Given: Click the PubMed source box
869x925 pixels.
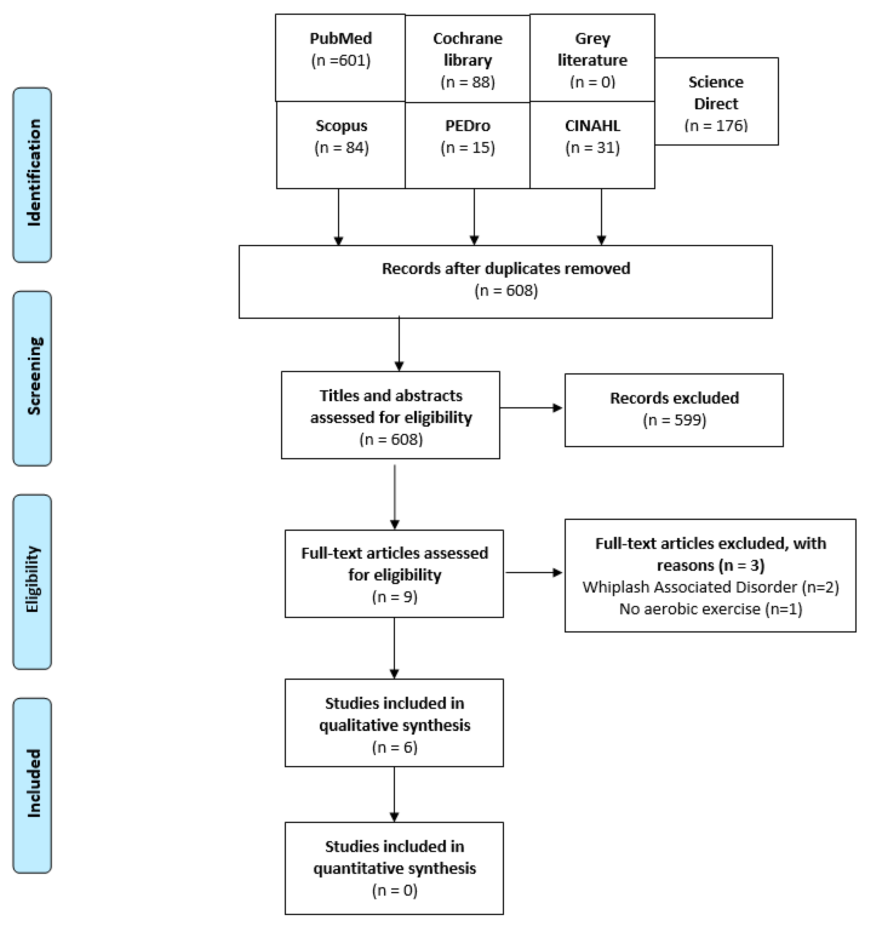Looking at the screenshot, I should pos(340,58).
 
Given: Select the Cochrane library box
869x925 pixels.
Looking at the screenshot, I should pos(467,59).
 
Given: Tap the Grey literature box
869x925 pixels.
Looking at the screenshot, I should pos(592,58).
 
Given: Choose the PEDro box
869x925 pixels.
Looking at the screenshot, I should pos(467,145).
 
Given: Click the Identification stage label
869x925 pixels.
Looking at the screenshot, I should pos(32,175).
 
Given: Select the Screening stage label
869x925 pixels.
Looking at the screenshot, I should pos(32,378).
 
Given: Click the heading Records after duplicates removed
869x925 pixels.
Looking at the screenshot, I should pos(506,269).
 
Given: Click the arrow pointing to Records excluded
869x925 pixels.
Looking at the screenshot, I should pos(532,408).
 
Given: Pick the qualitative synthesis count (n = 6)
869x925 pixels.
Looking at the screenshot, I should pos(394,747).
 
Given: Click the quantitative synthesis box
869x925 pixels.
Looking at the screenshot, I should pos(394,868).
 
